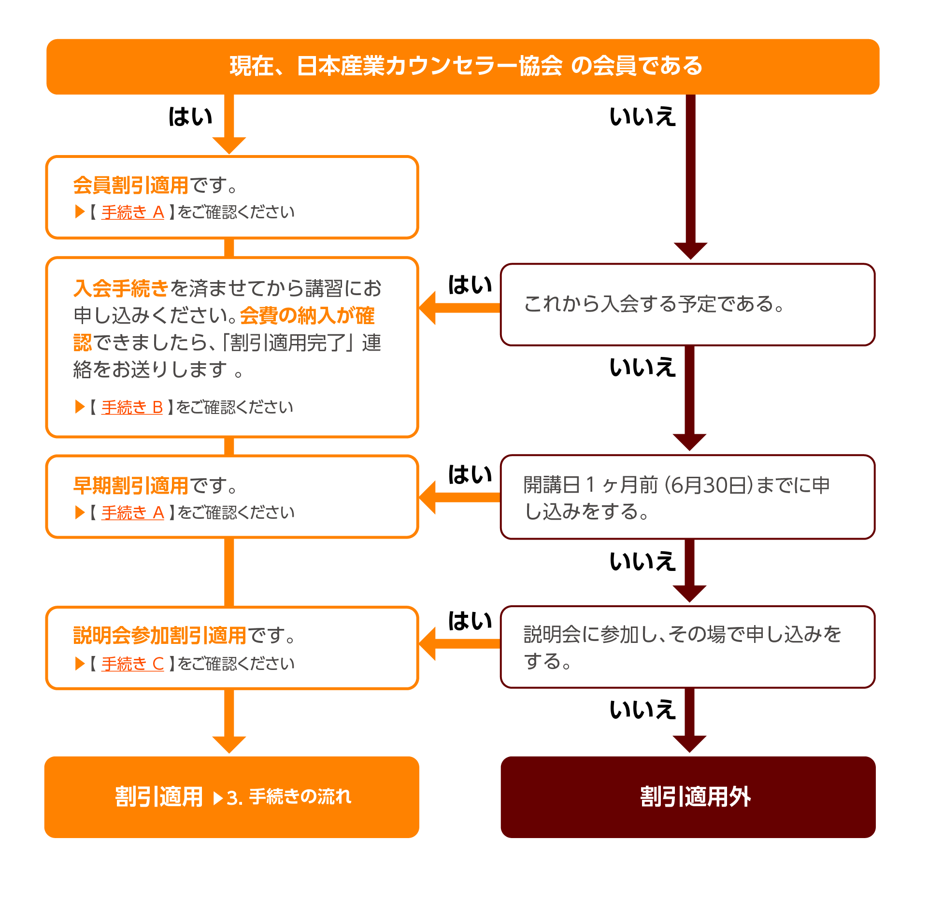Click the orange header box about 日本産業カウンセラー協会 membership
click(x=463, y=67)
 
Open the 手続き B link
click(x=132, y=407)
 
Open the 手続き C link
click(x=133, y=664)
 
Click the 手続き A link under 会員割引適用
click(x=133, y=212)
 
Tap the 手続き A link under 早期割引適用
click(x=133, y=513)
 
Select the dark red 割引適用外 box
click(x=688, y=797)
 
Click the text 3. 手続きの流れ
click(x=289, y=797)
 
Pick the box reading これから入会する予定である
click(x=688, y=305)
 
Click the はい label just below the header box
click(x=190, y=117)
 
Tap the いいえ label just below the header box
click(x=642, y=117)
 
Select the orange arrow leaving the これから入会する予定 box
click(x=459, y=308)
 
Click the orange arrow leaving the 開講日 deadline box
click(x=459, y=497)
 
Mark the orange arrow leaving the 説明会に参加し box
click(x=459, y=643)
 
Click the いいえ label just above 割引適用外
click(x=642, y=710)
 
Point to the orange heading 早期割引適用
click(x=130, y=485)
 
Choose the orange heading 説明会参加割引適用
click(x=160, y=636)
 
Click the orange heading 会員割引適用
click(x=130, y=185)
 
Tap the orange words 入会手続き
click(x=121, y=288)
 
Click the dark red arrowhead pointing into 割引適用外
click(x=690, y=744)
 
